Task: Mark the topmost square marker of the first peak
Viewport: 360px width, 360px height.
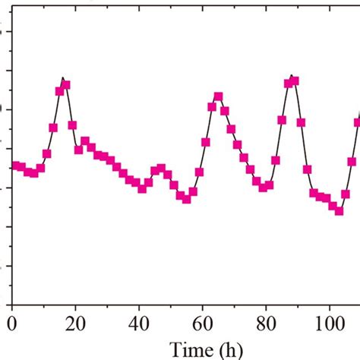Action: point(66,84)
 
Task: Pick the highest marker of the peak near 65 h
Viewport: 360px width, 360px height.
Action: point(218,96)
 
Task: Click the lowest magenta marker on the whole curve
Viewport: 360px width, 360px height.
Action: point(339,210)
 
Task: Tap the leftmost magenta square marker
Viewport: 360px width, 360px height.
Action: point(15,166)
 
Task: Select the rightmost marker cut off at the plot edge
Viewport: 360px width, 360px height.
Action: point(358,121)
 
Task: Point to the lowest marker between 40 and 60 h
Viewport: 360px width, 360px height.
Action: point(187,198)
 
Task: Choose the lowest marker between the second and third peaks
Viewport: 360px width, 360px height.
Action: point(263,187)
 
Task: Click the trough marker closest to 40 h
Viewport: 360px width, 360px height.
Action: point(142,188)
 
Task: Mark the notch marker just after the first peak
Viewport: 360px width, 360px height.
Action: point(78,150)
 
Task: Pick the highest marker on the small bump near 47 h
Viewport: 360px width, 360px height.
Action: point(161,168)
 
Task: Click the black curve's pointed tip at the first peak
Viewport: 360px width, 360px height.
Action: point(63,77)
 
